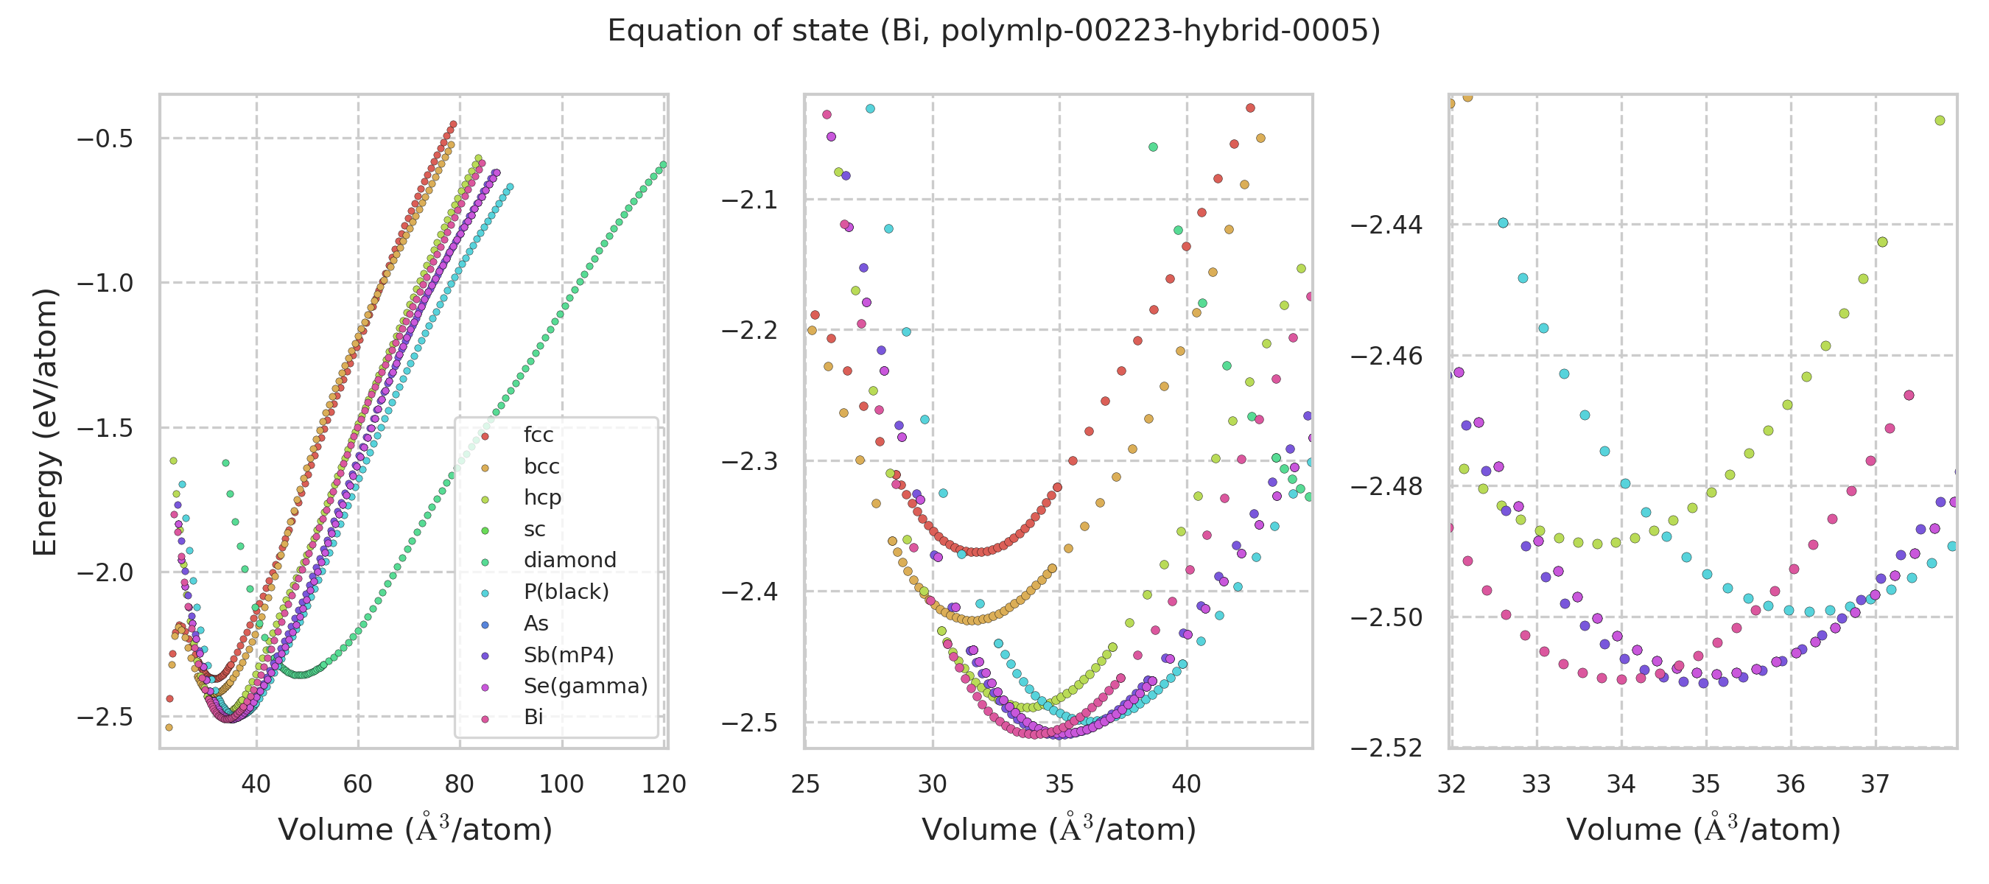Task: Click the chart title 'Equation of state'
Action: click(994, 31)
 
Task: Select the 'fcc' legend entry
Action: click(539, 435)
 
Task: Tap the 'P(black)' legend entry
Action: click(566, 592)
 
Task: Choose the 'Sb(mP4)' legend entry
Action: click(568, 656)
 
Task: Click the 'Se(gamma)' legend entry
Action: click(585, 687)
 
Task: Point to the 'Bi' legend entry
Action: click(533, 718)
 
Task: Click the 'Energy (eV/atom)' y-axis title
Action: click(46, 421)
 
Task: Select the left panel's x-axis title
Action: click(415, 830)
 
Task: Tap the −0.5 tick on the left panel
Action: click(105, 139)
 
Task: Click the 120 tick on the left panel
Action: click(664, 785)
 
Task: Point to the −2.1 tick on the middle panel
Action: click(749, 200)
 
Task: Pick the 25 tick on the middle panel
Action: click(805, 785)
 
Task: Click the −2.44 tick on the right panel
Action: click(1386, 225)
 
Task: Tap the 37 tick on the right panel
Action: click(1875, 785)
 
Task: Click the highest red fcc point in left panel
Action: click(453, 124)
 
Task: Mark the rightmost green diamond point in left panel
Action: click(663, 164)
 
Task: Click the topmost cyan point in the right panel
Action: click(1503, 223)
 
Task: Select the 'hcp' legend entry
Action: click(542, 498)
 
